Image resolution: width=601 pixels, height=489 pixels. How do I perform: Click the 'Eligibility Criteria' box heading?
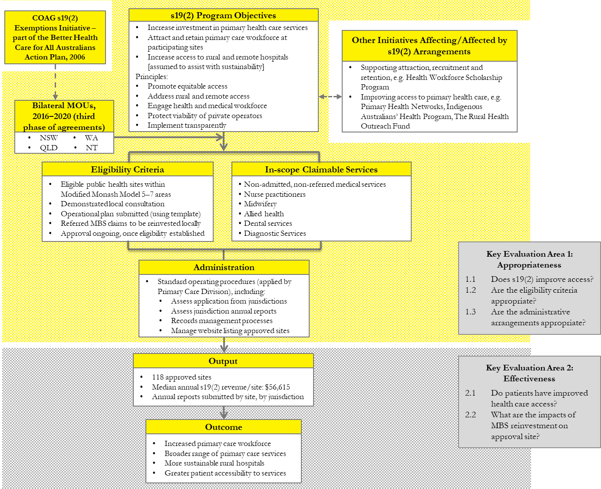(127, 169)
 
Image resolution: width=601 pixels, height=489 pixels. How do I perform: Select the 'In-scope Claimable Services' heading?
(321, 169)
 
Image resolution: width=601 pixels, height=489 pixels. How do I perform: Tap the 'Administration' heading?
(224, 267)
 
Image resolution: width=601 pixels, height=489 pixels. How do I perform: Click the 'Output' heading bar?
(223, 361)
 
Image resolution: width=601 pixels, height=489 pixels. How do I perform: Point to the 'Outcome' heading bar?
(223, 427)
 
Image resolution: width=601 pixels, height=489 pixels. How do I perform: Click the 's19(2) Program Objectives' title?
(223, 15)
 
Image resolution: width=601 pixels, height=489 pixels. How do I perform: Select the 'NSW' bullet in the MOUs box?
(48, 138)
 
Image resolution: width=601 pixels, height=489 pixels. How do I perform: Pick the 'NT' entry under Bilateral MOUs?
(91, 148)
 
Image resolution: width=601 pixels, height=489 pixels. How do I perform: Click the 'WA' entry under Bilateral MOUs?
(91, 138)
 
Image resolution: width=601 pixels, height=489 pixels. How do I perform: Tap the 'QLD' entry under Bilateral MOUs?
(48, 148)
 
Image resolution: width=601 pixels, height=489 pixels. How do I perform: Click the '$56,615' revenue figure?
(277, 387)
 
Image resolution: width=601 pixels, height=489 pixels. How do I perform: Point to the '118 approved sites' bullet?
(182, 377)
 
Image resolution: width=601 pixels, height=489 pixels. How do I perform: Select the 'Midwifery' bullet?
(260, 204)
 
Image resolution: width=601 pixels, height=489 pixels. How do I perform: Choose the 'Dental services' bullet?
(267, 223)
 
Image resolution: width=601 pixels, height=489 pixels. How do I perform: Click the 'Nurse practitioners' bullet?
(274, 194)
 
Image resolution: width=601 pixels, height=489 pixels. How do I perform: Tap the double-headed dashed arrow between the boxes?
(330, 96)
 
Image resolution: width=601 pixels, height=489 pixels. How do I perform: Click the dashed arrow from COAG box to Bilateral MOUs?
(55, 82)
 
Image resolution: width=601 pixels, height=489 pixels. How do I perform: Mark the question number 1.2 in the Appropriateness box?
(471, 290)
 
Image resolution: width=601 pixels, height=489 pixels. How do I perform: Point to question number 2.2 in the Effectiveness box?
(470, 415)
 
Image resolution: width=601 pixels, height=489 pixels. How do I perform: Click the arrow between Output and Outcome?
(224, 412)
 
